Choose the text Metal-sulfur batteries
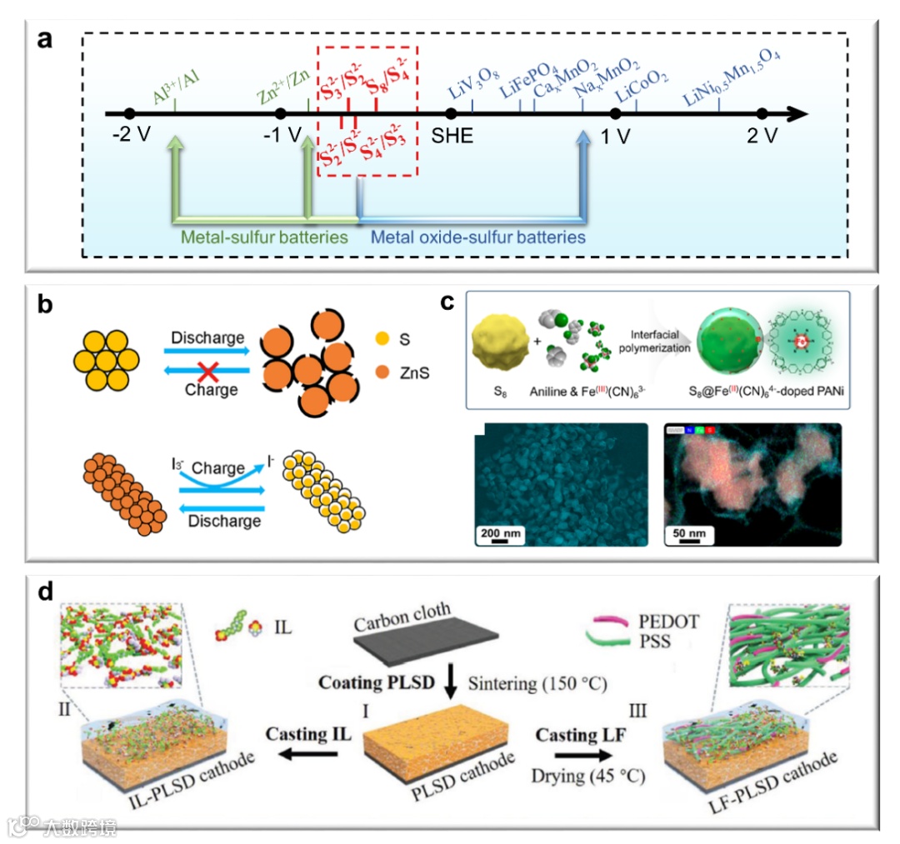pos(265,237)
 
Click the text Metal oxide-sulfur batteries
pos(477,237)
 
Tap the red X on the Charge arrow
pos(206,372)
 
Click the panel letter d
pos(48,593)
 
